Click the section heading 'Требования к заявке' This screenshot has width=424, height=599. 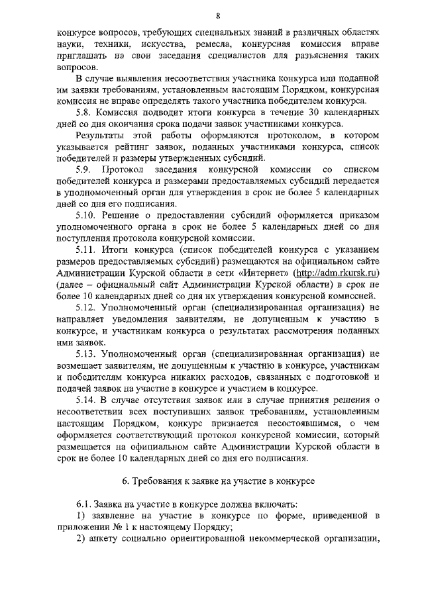219,481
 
